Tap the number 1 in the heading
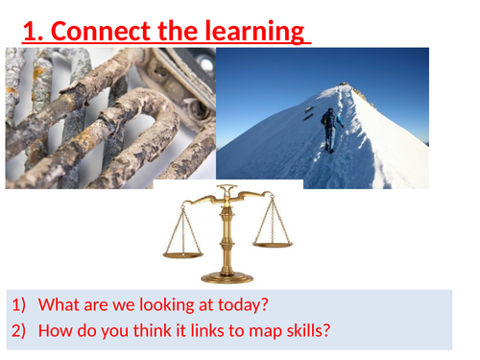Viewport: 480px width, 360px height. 31,31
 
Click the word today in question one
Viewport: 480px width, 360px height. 240,306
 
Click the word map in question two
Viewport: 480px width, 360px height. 248,333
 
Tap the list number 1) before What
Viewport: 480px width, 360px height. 19,306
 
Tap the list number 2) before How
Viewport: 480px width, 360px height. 19,333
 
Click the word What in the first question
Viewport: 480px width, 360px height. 58,306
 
